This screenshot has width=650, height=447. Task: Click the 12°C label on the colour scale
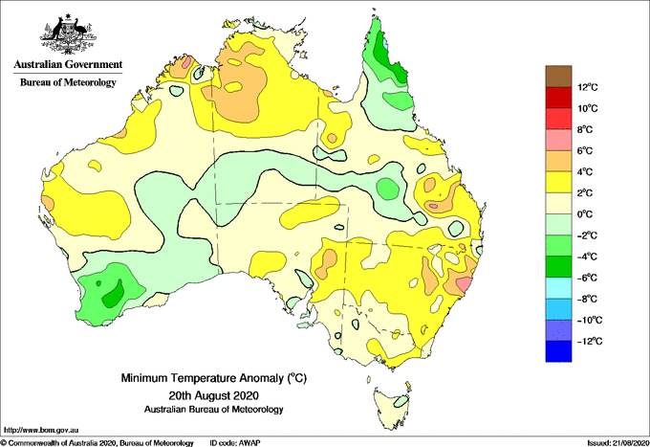pyautogui.click(x=588, y=87)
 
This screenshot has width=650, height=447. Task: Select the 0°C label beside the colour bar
pyautogui.click(x=585, y=214)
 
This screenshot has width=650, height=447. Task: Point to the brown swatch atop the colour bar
pyautogui.click(x=558, y=77)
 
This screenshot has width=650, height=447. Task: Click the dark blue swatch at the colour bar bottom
pyautogui.click(x=558, y=351)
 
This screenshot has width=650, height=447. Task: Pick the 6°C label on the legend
pyautogui.click(x=585, y=150)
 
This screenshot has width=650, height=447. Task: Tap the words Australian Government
pyautogui.click(x=68, y=64)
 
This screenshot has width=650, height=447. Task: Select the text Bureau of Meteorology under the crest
pyautogui.click(x=68, y=82)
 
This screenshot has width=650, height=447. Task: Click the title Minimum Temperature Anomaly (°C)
pyautogui.click(x=213, y=378)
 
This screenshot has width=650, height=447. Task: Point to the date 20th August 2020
pyautogui.click(x=213, y=394)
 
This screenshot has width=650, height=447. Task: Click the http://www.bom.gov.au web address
pyautogui.click(x=40, y=430)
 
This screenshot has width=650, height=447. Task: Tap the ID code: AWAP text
pyautogui.click(x=235, y=443)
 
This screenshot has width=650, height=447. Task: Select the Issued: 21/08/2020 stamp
pyautogui.click(x=618, y=443)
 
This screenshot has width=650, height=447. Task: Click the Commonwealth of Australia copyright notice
pyautogui.click(x=97, y=443)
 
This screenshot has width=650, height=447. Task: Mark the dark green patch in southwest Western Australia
pyautogui.click(x=113, y=294)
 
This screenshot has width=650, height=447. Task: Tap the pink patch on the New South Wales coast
pyautogui.click(x=464, y=284)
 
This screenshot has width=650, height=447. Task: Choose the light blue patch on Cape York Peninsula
pyautogui.click(x=386, y=43)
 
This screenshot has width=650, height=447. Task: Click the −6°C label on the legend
pyautogui.click(x=587, y=278)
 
